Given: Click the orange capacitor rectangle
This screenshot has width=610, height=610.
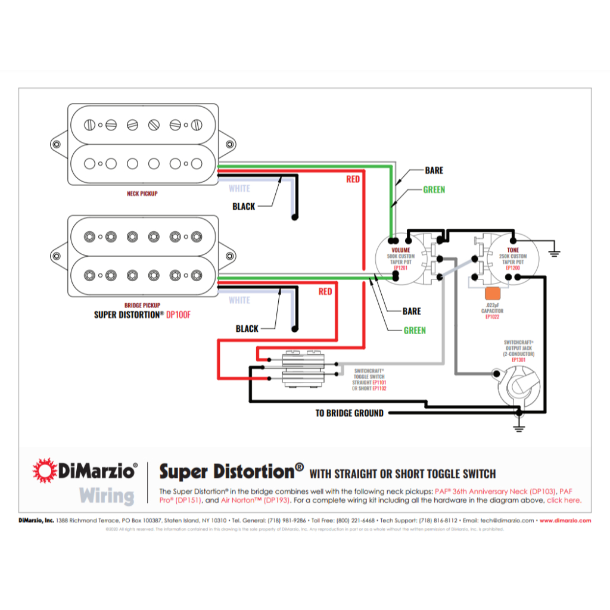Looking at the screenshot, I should pyautogui.click(x=493, y=294).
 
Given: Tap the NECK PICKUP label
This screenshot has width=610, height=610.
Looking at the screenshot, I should pyautogui.click(x=142, y=194).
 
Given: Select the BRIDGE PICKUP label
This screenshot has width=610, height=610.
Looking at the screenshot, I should pyautogui.click(x=142, y=304).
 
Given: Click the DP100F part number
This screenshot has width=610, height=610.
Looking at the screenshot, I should pyautogui.click(x=179, y=314).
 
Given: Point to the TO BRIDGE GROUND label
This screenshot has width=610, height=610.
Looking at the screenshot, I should pyautogui.click(x=349, y=413).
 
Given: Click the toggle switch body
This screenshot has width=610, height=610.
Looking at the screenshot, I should pyautogui.click(x=301, y=369).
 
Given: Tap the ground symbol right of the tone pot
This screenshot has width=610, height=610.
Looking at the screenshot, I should pyautogui.click(x=555, y=251).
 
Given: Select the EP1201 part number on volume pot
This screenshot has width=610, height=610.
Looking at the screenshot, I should pyautogui.click(x=400, y=268).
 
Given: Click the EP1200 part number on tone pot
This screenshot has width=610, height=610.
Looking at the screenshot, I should pyautogui.click(x=513, y=268).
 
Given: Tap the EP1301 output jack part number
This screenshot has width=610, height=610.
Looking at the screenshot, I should pyautogui.click(x=518, y=360).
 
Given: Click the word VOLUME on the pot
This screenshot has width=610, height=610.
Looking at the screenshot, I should pyautogui.click(x=400, y=250).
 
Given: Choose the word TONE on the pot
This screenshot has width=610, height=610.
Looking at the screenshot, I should pyautogui.click(x=513, y=250).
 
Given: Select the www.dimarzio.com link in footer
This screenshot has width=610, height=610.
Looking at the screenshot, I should pyautogui.click(x=565, y=520).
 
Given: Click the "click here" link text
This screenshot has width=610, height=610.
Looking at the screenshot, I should pyautogui.click(x=564, y=500).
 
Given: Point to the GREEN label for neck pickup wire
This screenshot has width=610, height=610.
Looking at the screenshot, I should pyautogui.click(x=434, y=190).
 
